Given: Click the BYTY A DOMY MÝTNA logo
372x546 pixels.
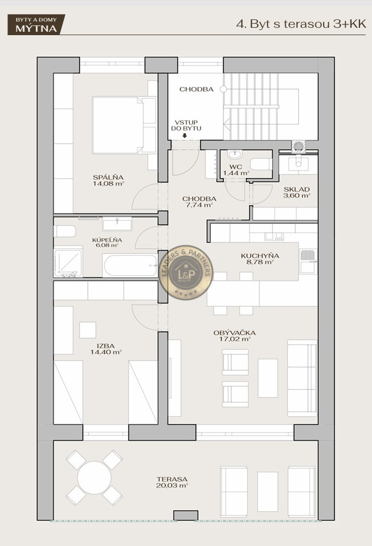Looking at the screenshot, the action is (x=36, y=24).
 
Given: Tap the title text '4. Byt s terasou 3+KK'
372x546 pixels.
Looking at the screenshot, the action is (x=301, y=24).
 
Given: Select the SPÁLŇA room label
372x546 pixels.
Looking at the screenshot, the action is (x=108, y=177).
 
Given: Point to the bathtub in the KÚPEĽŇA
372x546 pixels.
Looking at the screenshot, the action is (x=131, y=265).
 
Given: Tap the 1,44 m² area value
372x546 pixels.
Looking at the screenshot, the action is (x=236, y=173).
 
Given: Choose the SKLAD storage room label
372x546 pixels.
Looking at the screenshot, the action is (x=296, y=189).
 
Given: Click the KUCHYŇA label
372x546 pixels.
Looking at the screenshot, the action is (x=260, y=256).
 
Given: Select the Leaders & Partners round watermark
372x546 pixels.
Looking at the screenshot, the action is (x=186, y=272).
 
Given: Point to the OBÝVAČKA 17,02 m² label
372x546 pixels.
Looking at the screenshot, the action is (x=235, y=336).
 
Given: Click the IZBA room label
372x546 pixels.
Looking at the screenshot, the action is (x=106, y=346).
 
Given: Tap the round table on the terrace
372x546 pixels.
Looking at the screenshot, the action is (x=94, y=477).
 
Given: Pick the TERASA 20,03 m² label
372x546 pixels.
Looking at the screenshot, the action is (x=172, y=482).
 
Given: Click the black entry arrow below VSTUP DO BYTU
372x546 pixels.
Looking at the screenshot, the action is (x=185, y=136).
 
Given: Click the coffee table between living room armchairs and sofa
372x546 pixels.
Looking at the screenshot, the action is (x=267, y=378).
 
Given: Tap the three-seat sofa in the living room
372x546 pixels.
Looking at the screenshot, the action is (x=302, y=378).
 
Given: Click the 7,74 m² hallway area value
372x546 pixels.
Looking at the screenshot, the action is (x=199, y=205).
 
